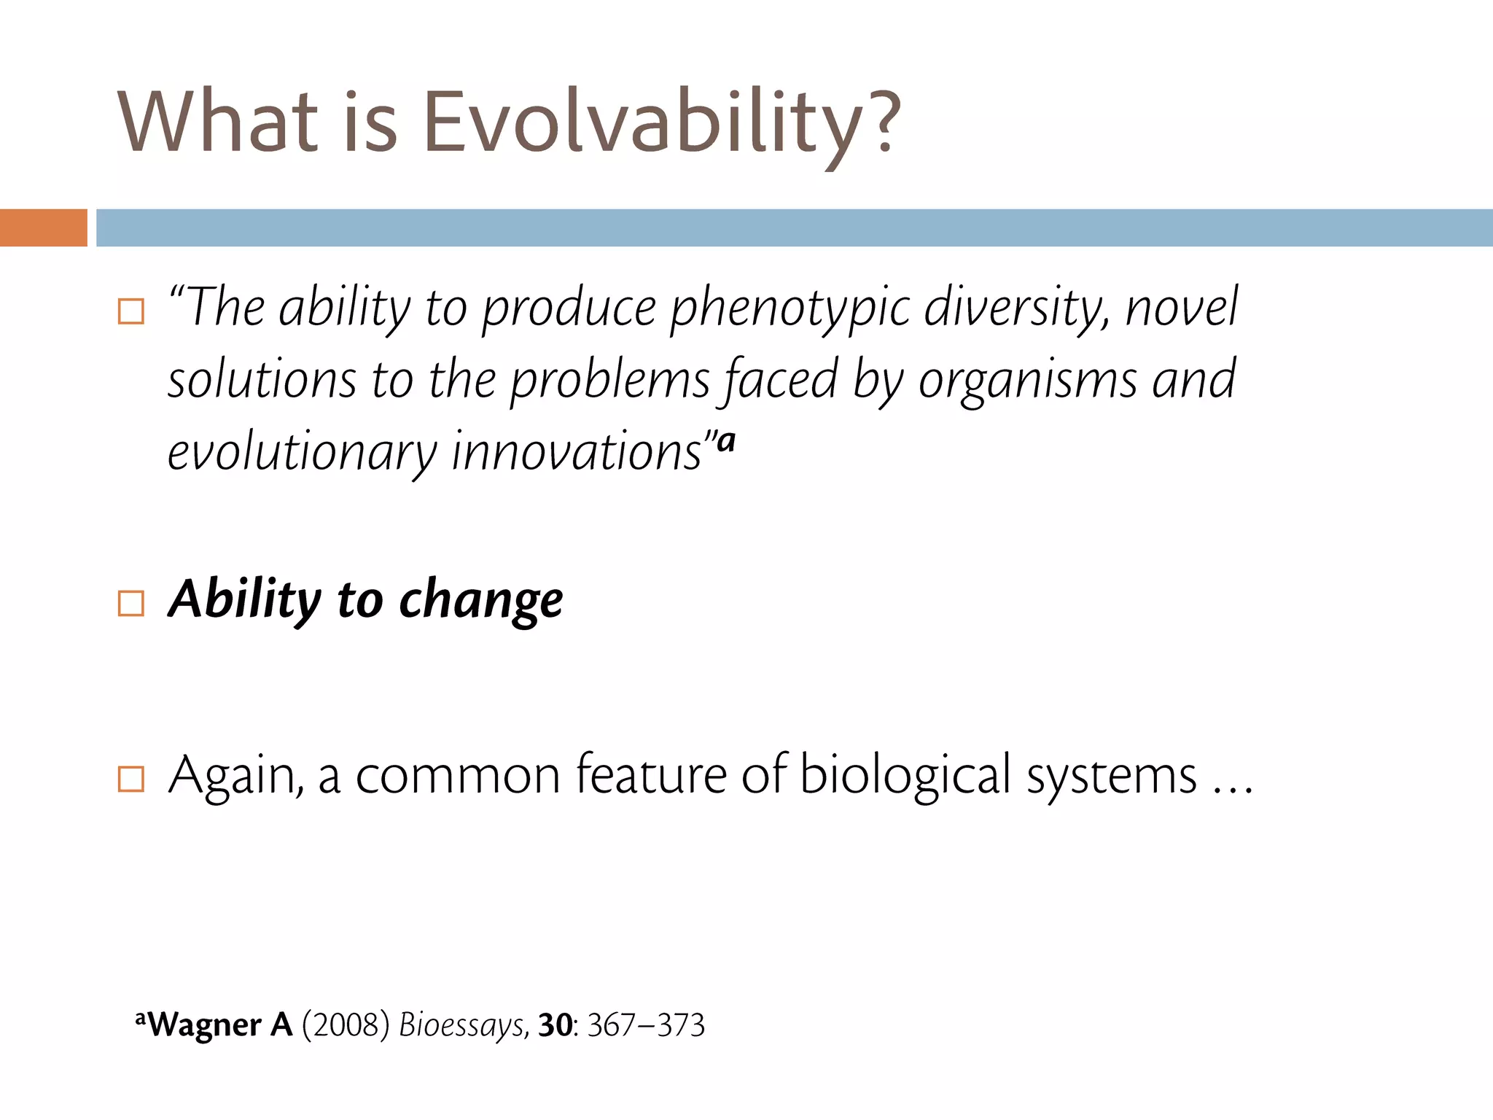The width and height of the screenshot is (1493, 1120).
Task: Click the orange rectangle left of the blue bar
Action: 43,227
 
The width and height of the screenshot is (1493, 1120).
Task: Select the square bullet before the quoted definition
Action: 131,311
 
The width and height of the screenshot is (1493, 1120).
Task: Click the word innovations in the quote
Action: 576,452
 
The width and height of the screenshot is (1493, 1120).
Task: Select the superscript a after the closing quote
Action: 726,440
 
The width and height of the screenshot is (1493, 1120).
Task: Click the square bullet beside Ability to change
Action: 131,603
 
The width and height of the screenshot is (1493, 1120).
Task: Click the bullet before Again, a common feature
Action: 131,779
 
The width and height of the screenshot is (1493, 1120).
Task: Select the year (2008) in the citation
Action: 346,1025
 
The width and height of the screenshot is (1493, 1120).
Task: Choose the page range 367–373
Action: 646,1025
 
